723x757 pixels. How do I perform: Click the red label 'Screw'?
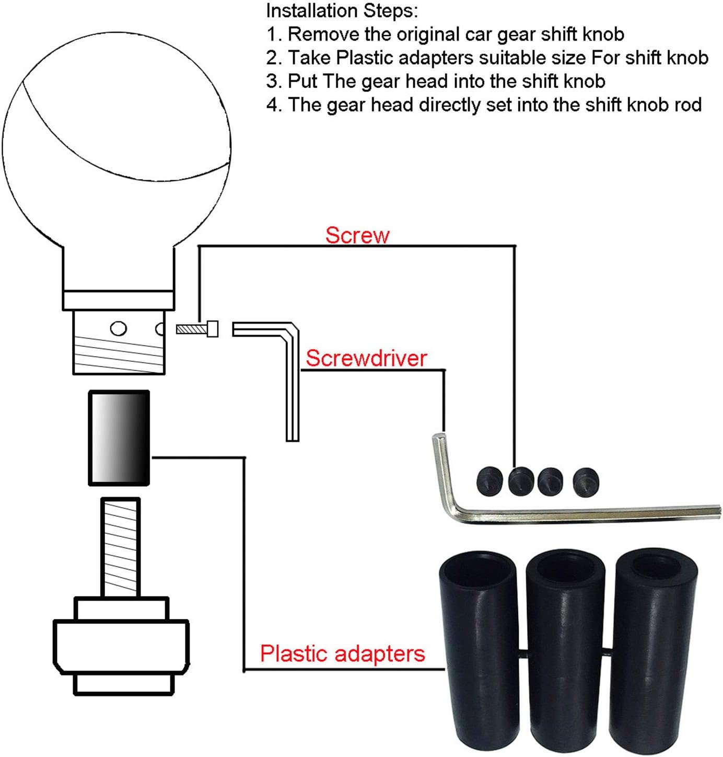[x=357, y=235]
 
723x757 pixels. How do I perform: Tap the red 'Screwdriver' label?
[x=366, y=358]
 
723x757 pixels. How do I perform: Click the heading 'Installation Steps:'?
[x=342, y=11]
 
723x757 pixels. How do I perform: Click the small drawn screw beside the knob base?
[x=197, y=329]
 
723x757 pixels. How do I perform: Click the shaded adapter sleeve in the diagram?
[x=119, y=438]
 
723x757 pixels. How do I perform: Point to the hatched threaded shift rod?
[x=121, y=547]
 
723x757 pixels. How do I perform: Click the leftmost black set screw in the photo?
[x=489, y=479]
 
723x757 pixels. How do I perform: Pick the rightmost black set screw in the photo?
[x=586, y=482]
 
